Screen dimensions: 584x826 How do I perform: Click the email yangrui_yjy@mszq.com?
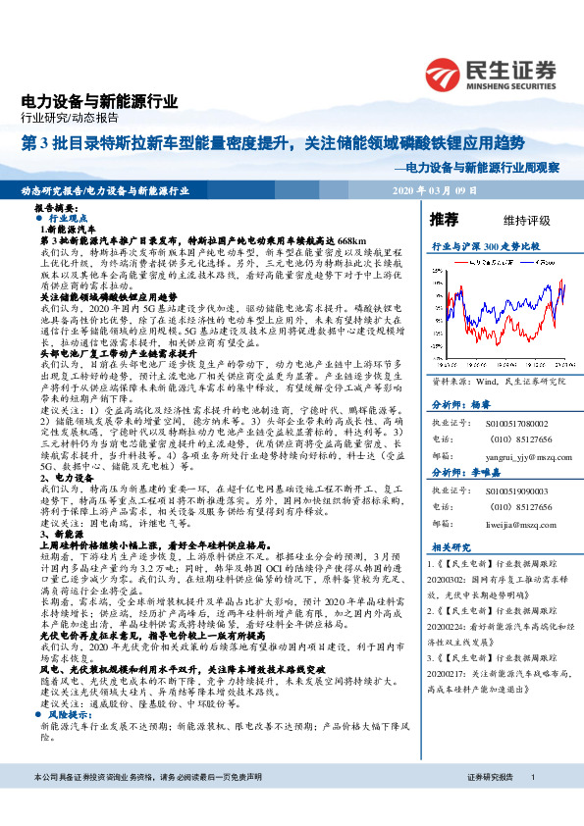coord(513,429)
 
